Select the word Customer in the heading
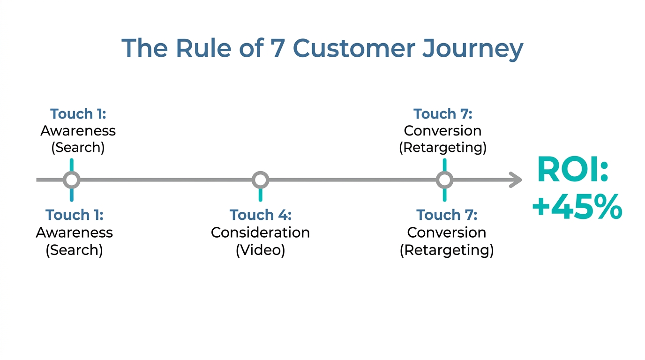point(354,48)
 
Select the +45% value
point(577,208)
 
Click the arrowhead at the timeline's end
point(516,180)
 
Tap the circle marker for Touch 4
point(260,180)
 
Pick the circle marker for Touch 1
point(71,180)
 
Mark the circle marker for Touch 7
point(444,180)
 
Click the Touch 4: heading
point(260,215)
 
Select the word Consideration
point(260,232)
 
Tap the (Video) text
point(260,250)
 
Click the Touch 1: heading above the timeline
point(78,114)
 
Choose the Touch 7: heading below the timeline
point(447,215)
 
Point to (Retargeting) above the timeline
point(442,148)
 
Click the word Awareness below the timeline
point(74,232)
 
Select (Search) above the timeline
point(78,148)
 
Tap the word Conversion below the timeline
point(447,232)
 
